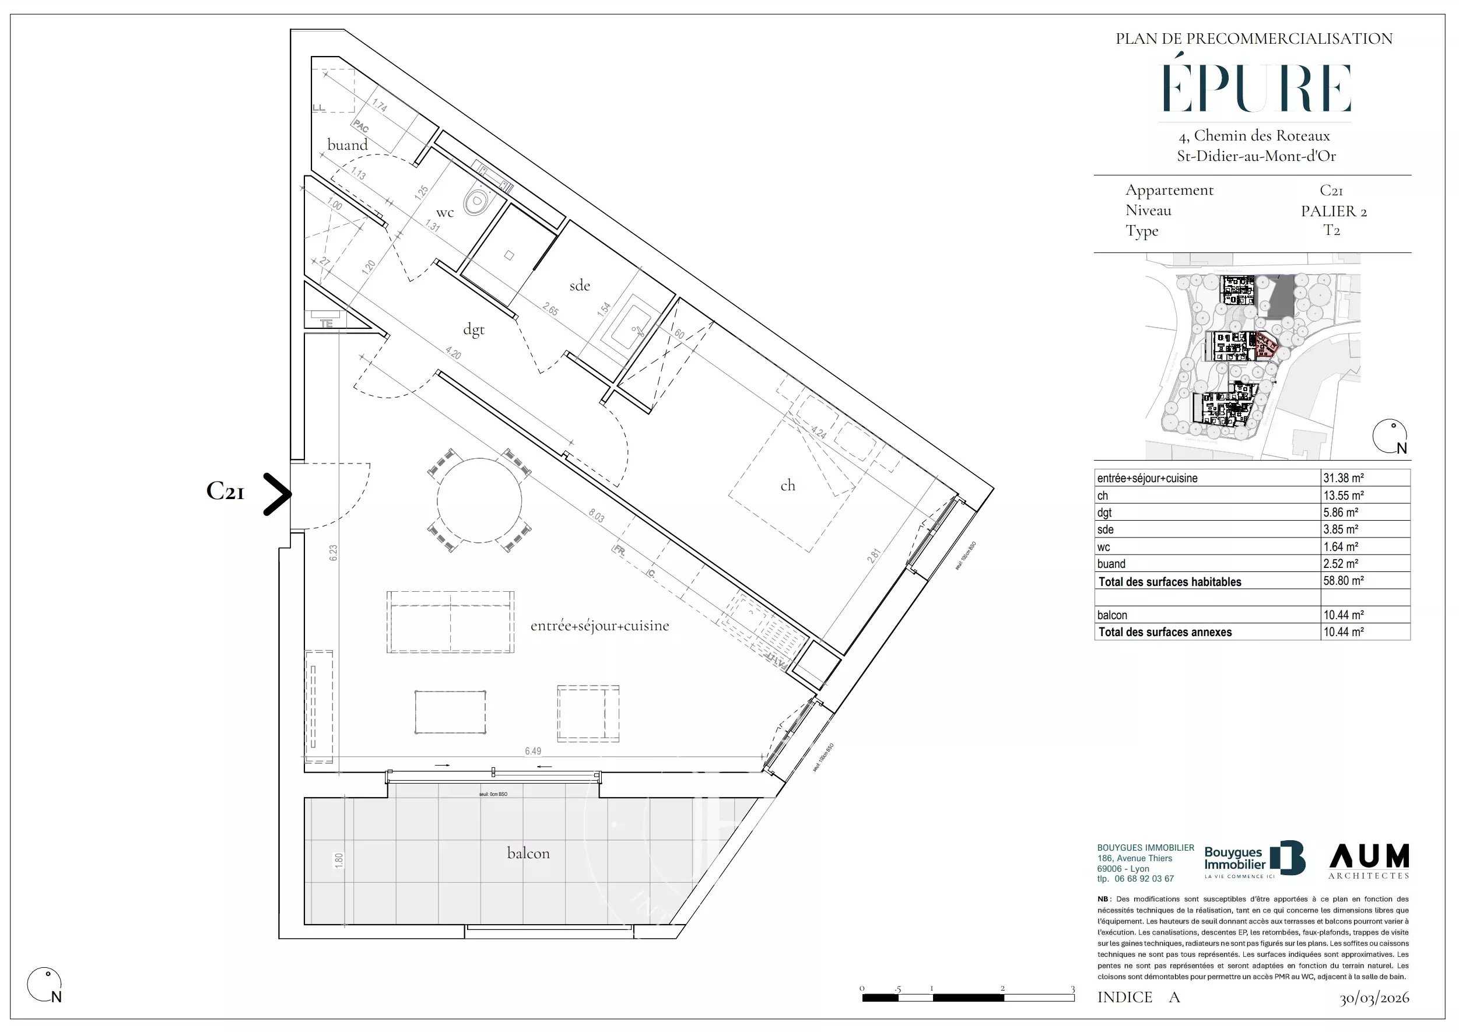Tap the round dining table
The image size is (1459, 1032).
pyautogui.click(x=480, y=500)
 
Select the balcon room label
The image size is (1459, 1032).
pyautogui.click(x=528, y=853)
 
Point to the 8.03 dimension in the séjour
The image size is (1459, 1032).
pyautogui.click(x=596, y=515)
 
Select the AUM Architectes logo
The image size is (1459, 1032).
pyautogui.click(x=1369, y=861)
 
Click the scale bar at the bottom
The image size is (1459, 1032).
pyautogui.click(x=967, y=997)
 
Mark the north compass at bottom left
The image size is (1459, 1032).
pyautogui.click(x=44, y=985)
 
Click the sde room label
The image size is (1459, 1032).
pyautogui.click(x=580, y=286)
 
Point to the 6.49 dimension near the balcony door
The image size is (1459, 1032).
pyautogui.click(x=533, y=751)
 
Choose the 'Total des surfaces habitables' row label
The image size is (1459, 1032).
pyautogui.click(x=1169, y=581)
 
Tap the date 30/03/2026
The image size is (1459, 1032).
pyautogui.click(x=1374, y=998)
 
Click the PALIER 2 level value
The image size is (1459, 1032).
pyautogui.click(x=1333, y=211)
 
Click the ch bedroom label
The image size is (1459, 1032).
pyautogui.click(x=787, y=486)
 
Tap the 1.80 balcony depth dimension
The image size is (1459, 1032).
pyautogui.click(x=339, y=861)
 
